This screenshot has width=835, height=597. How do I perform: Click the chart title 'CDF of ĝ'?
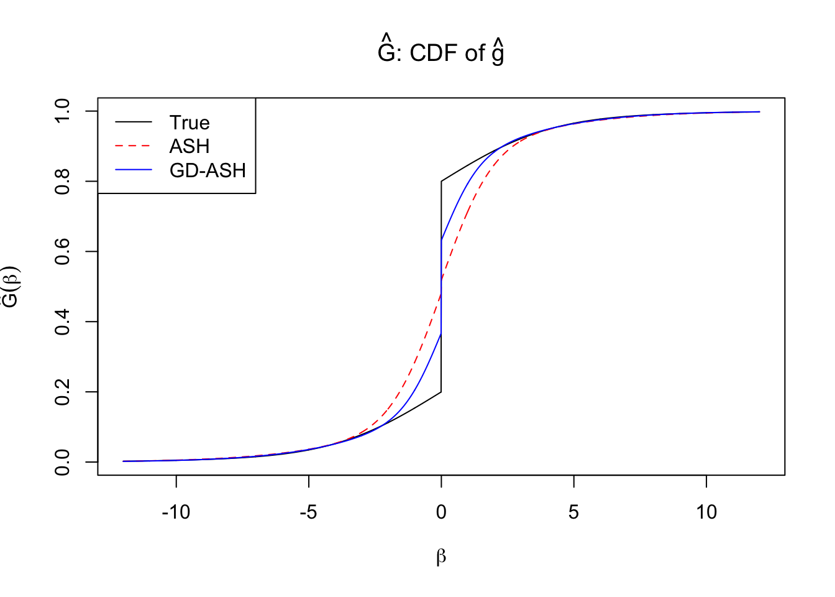point(440,53)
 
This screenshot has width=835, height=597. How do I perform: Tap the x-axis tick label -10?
point(176,512)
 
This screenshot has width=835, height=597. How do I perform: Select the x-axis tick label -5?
point(308,512)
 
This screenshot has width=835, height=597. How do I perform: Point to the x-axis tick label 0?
point(441,512)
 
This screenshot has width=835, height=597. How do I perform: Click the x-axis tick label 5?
point(573,512)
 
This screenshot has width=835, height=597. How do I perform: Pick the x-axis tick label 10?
point(706,512)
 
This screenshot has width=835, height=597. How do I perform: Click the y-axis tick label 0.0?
point(63,462)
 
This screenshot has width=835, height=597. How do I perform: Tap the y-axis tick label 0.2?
point(63,392)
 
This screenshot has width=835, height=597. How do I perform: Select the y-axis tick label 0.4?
point(63,322)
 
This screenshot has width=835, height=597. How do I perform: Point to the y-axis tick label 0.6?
point(63,251)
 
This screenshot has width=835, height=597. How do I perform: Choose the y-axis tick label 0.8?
point(63,181)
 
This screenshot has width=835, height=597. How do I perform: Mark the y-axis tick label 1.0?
point(63,111)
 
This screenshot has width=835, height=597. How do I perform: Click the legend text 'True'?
point(189,123)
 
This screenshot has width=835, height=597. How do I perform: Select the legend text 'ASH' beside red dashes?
point(189,146)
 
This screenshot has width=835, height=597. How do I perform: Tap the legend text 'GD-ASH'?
point(208,170)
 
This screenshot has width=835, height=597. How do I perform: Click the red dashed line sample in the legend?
point(134,146)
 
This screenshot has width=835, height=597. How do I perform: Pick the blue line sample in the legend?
point(134,170)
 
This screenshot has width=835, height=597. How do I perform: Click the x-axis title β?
point(441,557)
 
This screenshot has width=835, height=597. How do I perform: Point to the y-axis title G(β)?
point(11,287)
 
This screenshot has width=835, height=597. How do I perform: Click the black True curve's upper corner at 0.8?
point(441,182)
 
